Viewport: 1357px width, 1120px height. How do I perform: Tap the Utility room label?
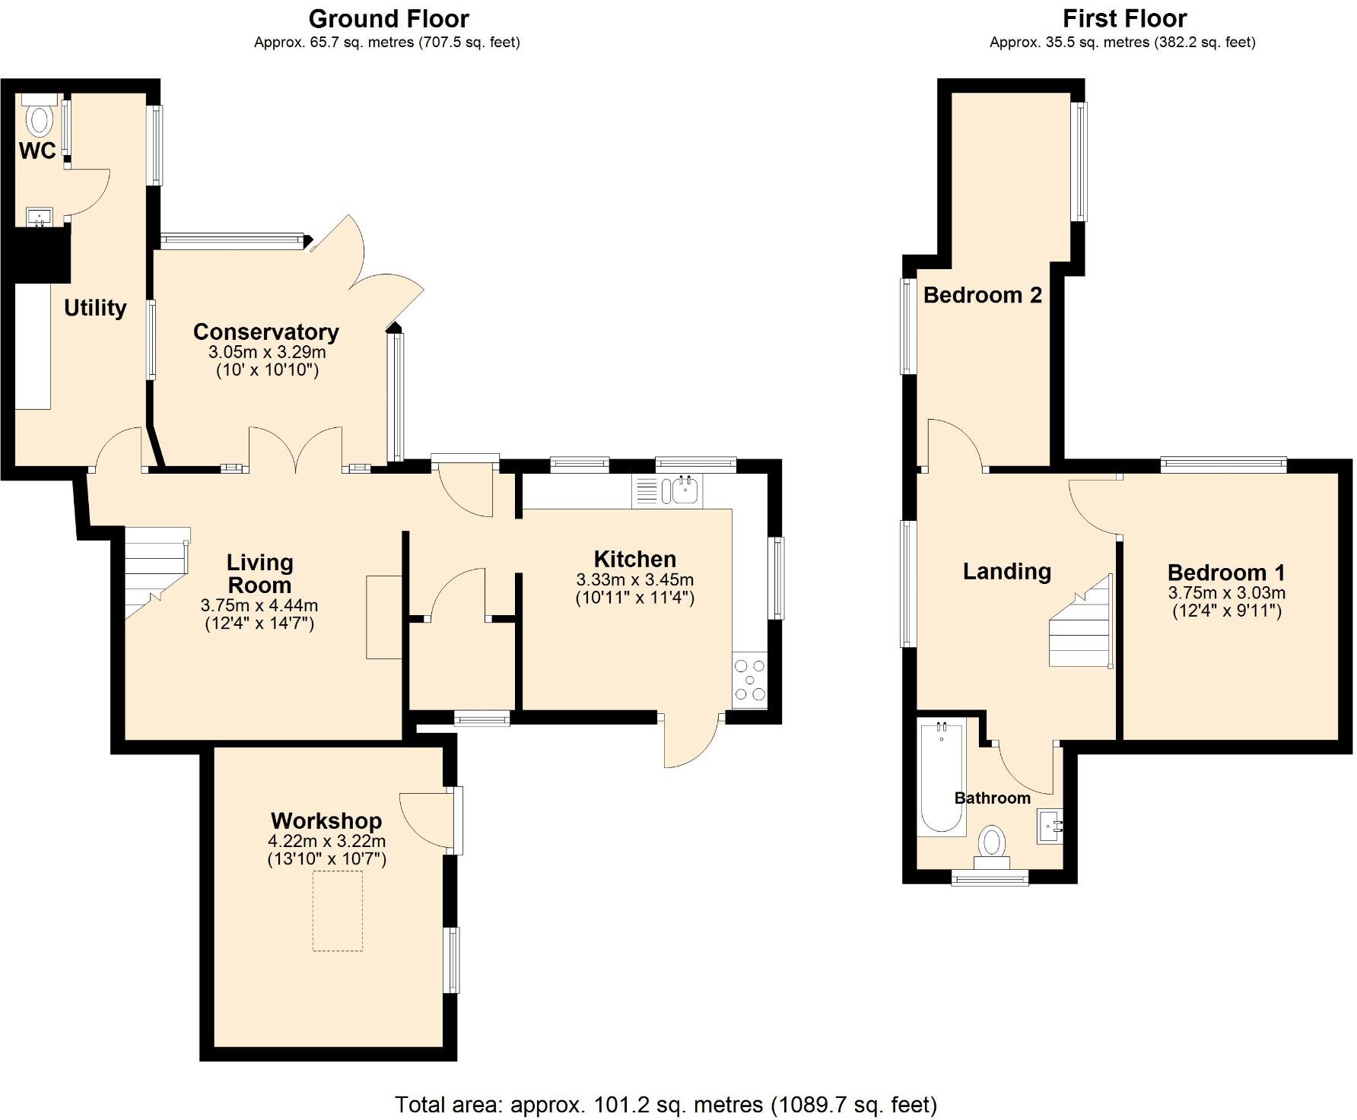tap(95, 308)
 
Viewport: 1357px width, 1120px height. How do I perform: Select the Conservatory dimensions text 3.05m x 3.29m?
tap(267, 353)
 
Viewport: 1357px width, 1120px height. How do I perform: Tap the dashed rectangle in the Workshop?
tap(337, 911)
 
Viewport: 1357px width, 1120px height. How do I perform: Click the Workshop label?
tap(326, 821)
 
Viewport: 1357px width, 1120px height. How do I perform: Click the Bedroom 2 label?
tap(982, 295)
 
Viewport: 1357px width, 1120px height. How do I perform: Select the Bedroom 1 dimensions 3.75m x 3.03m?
tap(1226, 593)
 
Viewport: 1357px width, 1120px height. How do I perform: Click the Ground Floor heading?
tap(389, 17)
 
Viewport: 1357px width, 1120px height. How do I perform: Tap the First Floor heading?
tap(1124, 17)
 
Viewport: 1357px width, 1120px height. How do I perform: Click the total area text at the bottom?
tap(666, 1103)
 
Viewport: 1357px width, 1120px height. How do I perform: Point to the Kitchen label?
tap(634, 559)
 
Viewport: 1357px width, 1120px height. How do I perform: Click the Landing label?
tap(1006, 571)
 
